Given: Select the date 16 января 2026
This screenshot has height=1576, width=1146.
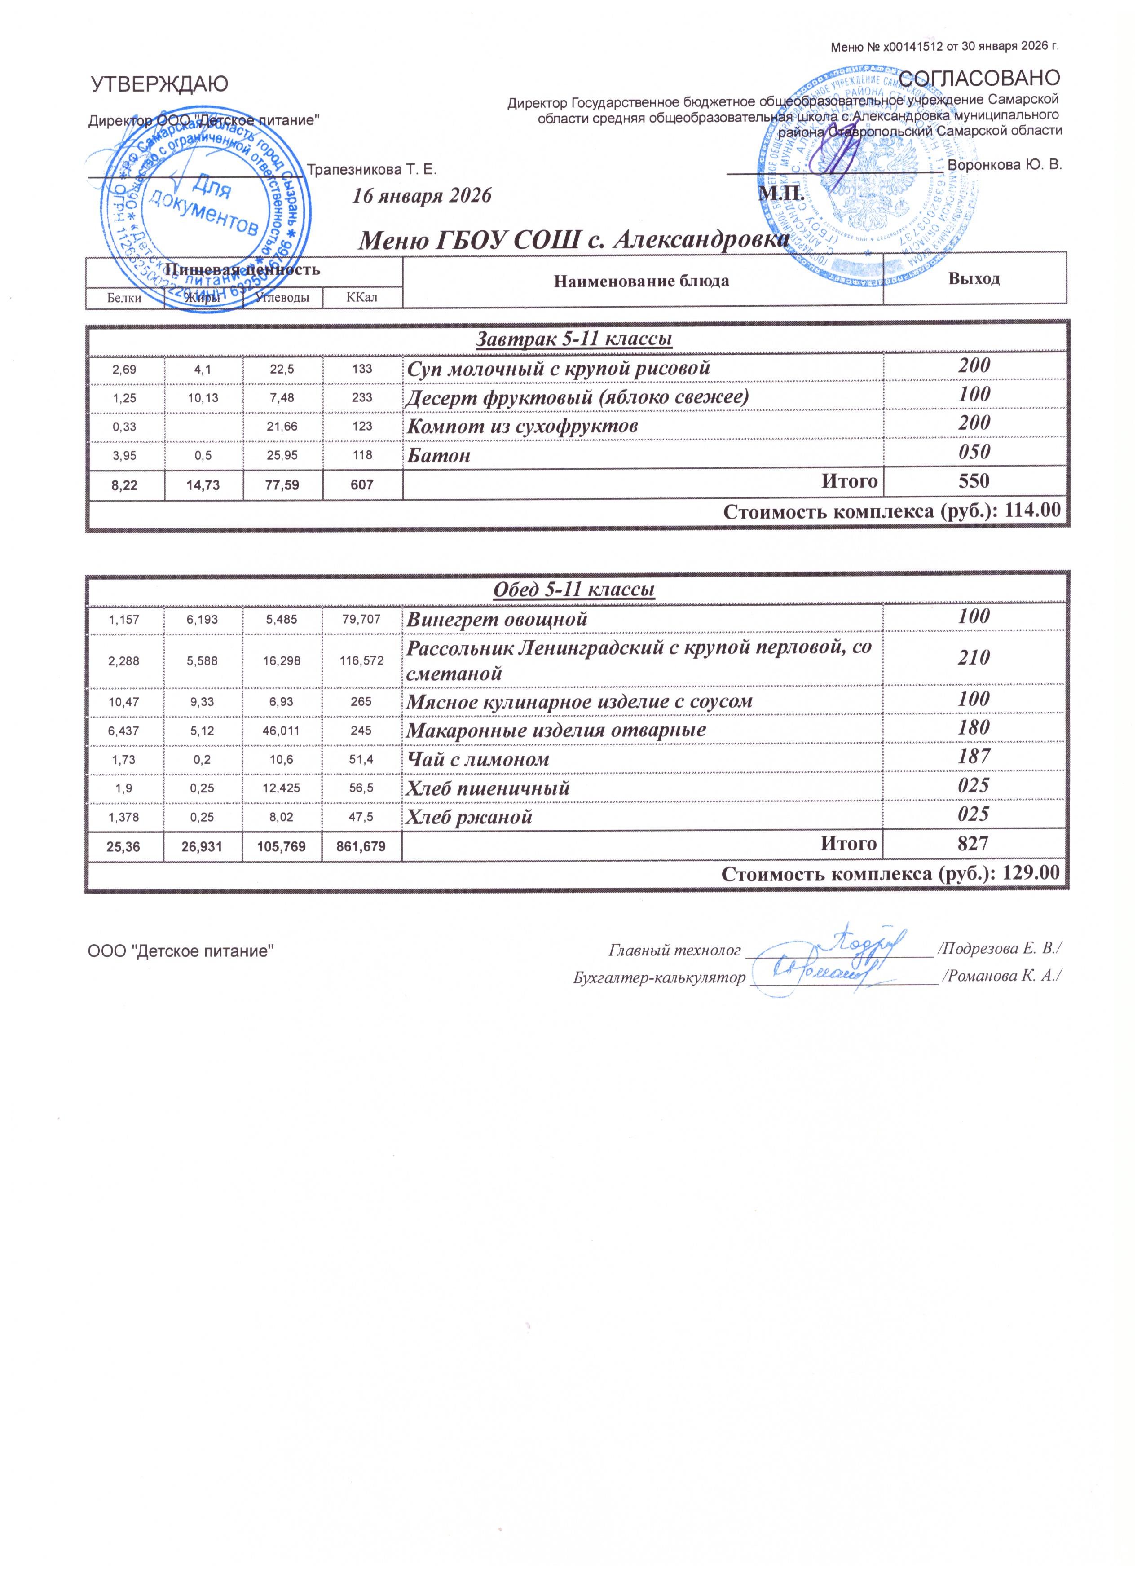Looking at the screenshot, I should click(x=422, y=195).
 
